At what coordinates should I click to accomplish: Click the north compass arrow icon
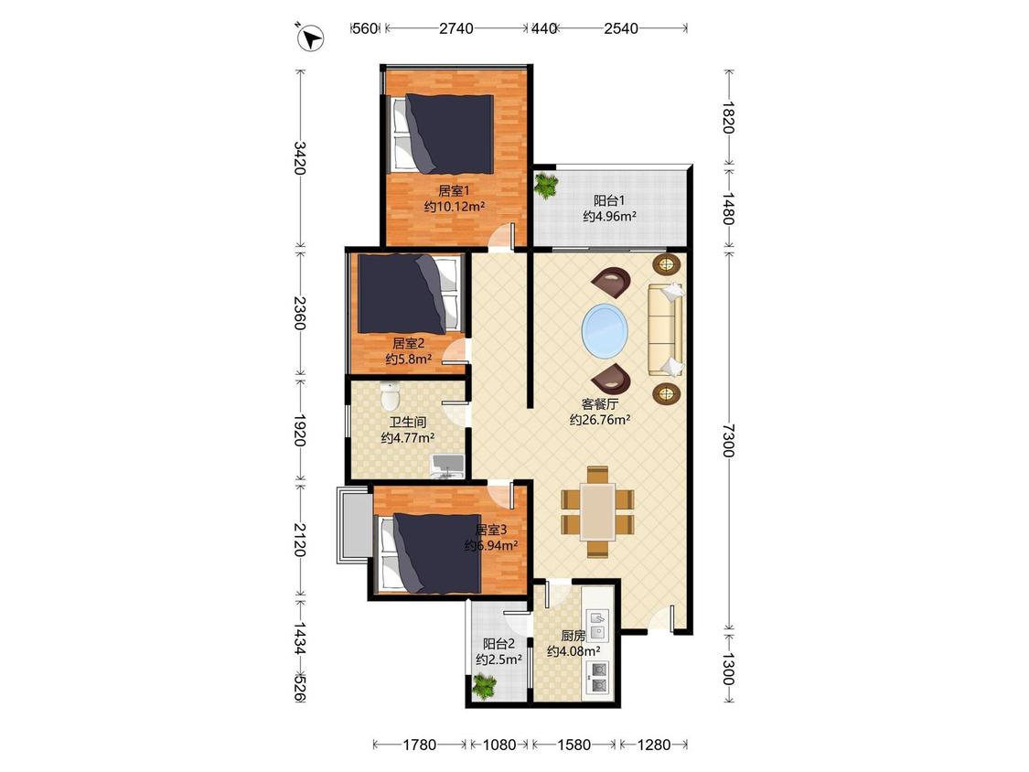point(310,37)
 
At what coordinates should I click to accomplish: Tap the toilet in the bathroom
point(390,395)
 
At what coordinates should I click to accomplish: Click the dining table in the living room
point(597,512)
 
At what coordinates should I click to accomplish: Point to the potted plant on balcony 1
point(545,185)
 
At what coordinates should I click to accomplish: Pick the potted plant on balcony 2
point(484,687)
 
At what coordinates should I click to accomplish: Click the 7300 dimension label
point(728,441)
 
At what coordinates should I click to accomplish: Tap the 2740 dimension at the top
point(456,28)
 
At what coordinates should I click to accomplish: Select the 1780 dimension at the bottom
point(419,745)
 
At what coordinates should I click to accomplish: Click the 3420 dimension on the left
point(299,157)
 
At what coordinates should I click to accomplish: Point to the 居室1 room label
point(454,191)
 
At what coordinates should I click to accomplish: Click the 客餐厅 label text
point(600,403)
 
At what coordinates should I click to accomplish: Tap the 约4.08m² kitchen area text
point(574,652)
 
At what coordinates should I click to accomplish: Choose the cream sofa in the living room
point(666,329)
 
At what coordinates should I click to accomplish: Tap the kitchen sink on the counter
point(598,626)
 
